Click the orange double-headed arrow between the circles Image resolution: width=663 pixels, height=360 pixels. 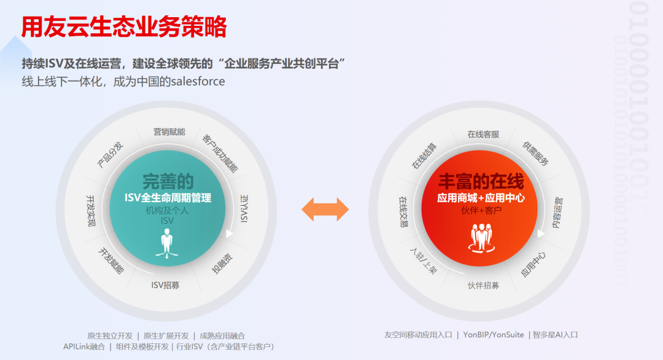tap(325, 210)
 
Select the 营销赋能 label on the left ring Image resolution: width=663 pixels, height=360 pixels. tap(169, 131)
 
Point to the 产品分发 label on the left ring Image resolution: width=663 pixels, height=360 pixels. tap(110, 154)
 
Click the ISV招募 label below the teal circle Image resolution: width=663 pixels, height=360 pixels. tap(166, 284)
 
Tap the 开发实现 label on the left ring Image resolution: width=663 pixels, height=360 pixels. tap(91, 210)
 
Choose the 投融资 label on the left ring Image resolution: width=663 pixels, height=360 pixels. tap(222, 263)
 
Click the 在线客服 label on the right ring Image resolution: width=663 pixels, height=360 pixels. tap(483, 134)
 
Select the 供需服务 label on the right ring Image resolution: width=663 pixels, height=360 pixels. tap(535, 153)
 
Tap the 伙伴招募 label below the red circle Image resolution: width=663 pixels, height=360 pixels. tap(483, 285)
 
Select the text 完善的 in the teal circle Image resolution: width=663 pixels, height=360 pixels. tap(168, 182)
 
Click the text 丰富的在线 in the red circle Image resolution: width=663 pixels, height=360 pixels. tap(481, 182)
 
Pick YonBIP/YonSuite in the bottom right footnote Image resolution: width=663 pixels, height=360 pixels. tap(494, 335)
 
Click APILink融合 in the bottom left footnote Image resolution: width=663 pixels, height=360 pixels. tap(84, 346)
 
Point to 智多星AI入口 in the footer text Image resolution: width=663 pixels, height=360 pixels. tap(555, 335)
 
